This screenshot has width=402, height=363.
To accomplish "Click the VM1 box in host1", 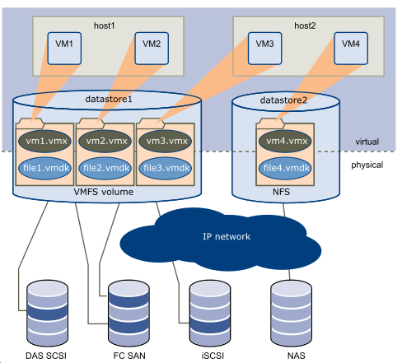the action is [64, 49].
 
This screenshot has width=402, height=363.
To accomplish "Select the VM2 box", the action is [152, 49].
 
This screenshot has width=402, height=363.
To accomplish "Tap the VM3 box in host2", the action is [264, 49].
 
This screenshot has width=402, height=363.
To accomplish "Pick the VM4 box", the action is [351, 49].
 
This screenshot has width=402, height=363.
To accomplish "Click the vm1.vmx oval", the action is [44, 141].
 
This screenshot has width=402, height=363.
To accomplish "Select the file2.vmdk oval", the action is [105, 168].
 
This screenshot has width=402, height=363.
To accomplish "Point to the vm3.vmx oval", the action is [166, 141].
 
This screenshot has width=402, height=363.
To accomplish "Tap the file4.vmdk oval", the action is [285, 168].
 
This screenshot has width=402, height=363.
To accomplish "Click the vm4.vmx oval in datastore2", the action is [285, 141].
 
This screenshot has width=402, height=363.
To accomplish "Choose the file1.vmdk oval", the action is [44, 168].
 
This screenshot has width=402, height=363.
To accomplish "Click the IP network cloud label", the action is [227, 236].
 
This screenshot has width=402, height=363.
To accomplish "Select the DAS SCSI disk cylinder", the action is [47, 314].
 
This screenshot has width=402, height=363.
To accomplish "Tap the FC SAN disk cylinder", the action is [129, 314].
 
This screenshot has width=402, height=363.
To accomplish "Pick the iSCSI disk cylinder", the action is [210, 314].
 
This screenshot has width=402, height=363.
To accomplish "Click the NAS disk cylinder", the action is [291, 314].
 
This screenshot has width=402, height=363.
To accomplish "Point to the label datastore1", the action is [109, 99].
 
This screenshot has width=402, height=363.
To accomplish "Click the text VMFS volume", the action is [104, 192].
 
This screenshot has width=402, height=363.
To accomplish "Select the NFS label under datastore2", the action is [281, 192].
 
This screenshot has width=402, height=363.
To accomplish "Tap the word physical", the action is [367, 165].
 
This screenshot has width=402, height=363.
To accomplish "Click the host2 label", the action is [305, 26].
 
